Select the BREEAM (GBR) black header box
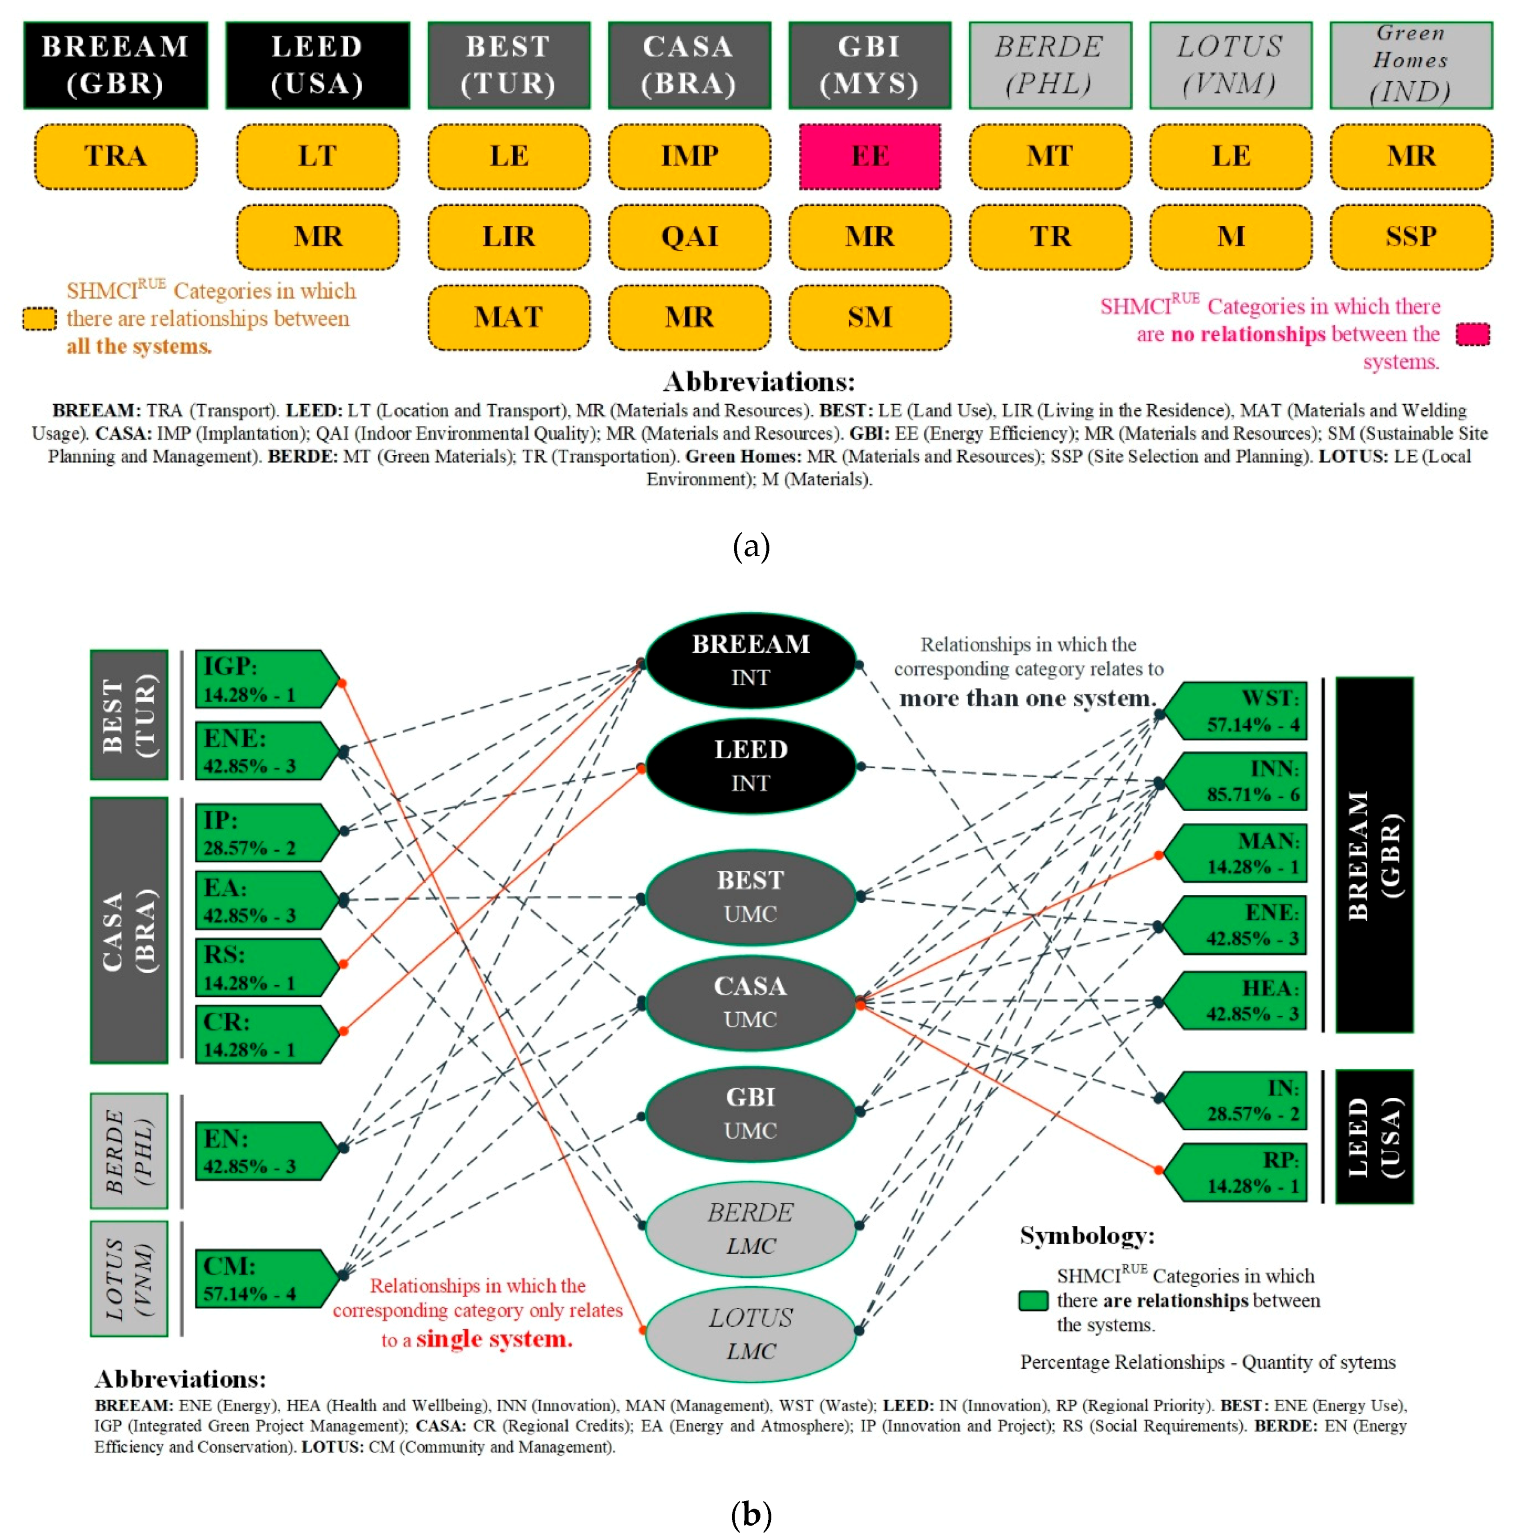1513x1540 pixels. pos(115,65)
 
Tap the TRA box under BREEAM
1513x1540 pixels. pos(115,157)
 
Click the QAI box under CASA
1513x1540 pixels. pos(689,237)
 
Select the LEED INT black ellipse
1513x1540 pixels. pos(750,767)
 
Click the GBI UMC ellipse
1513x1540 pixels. pos(750,1113)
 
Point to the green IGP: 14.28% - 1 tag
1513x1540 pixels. pos(262,680)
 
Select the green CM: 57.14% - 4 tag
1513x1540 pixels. pos(262,1279)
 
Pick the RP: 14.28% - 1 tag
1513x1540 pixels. pos(1240,1172)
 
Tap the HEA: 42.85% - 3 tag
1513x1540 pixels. pos(1240,1001)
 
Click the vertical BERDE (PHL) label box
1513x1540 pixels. pos(129,1151)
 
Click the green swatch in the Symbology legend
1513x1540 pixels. pos(1033,1301)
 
